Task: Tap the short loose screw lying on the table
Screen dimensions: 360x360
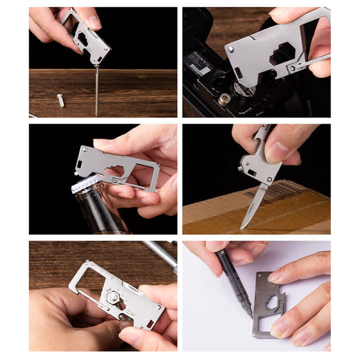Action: tap(60, 100)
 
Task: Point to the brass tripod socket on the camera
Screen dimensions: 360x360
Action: tap(224, 99)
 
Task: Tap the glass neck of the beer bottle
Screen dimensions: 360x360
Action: tap(97, 210)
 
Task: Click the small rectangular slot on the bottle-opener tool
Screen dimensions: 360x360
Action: tap(79, 164)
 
